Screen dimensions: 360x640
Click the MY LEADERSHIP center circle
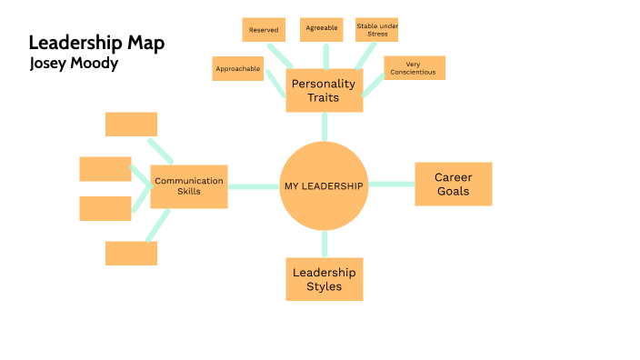pos(324,185)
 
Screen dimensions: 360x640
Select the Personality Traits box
pos(324,91)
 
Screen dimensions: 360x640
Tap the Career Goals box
pos(453,185)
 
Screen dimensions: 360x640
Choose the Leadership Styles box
pos(324,279)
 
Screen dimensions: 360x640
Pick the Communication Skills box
pos(188,186)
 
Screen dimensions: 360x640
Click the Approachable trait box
pos(238,68)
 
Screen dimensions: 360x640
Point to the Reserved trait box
pos(264,29)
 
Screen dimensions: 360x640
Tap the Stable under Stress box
pos(377,29)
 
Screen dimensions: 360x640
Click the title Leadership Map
pos(96,43)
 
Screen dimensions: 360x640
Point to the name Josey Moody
pos(74,64)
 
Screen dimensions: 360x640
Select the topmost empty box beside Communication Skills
pos(131,124)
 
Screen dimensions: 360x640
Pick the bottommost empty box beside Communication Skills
pos(131,253)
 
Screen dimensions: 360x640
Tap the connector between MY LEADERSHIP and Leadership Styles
pos(324,244)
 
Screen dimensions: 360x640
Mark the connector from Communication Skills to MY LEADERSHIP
pos(253,186)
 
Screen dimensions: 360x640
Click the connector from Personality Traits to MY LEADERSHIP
pos(324,127)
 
